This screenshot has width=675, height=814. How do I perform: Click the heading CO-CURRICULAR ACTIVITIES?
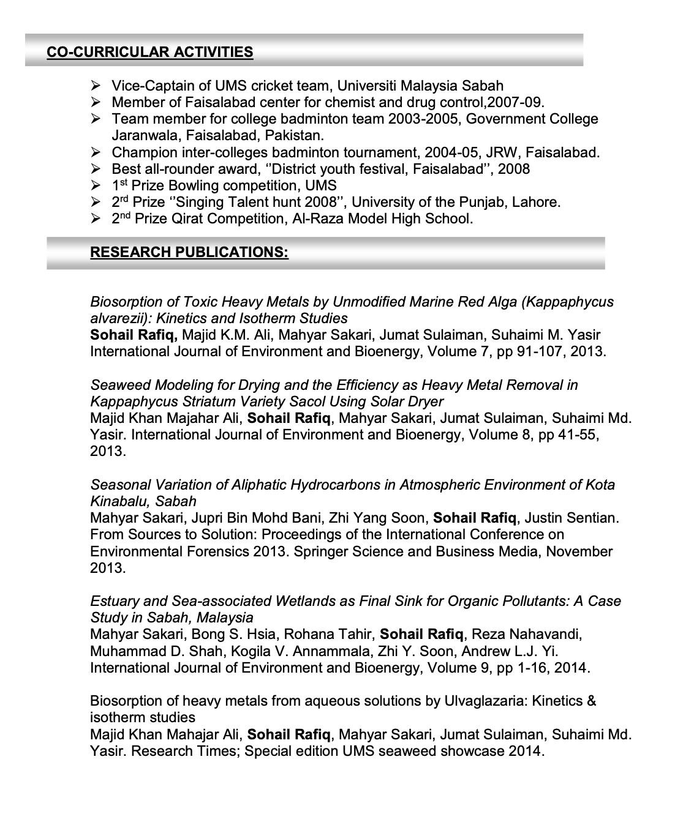(150, 52)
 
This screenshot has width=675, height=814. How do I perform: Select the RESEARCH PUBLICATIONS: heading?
(189, 252)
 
